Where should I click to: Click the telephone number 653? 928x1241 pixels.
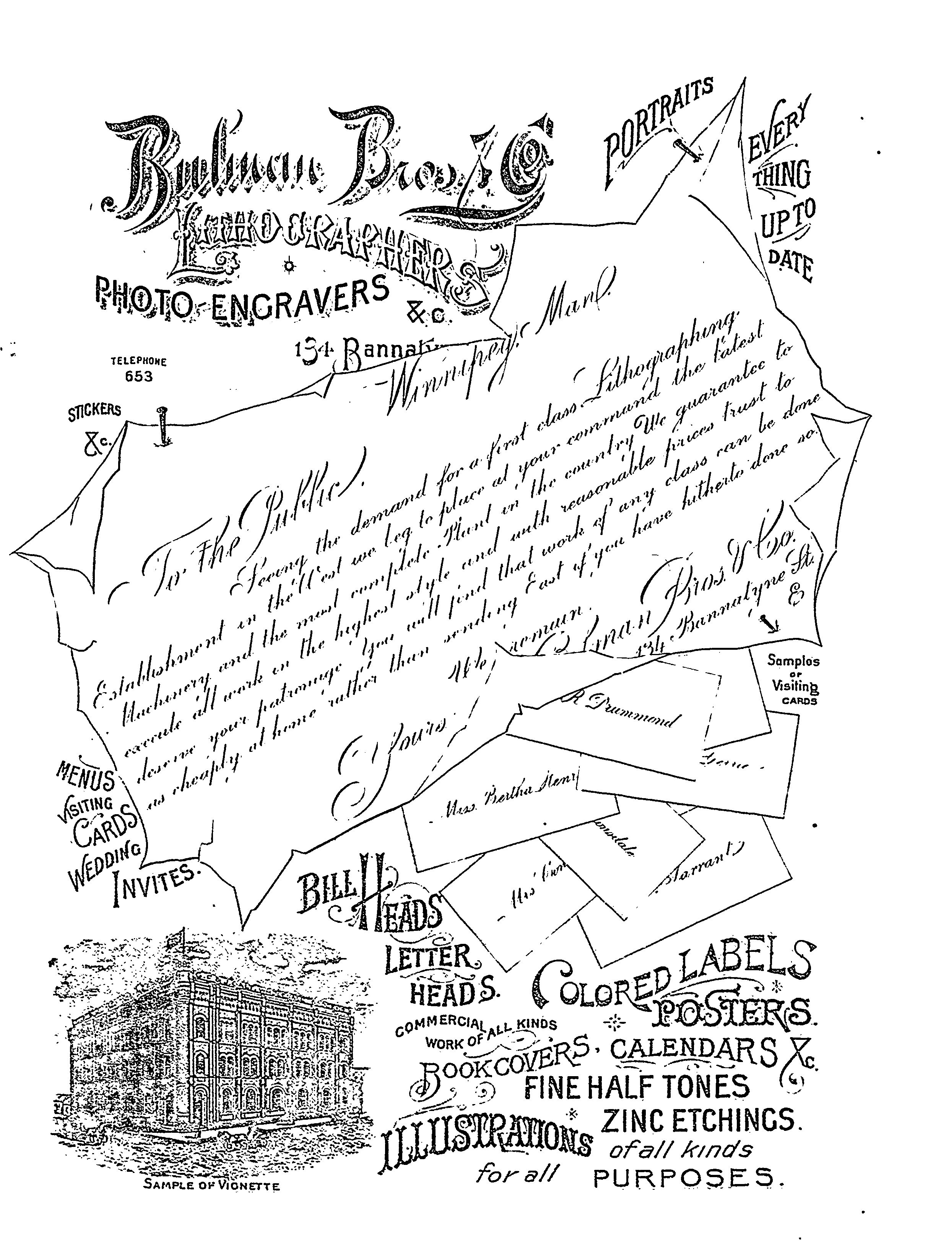138,376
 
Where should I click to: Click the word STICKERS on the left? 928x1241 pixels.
94,411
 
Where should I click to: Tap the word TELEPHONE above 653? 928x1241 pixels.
138,363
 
